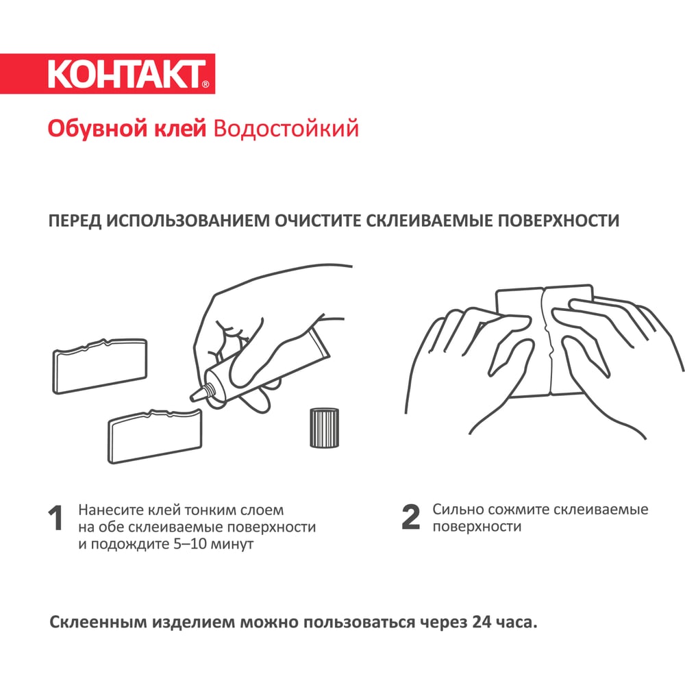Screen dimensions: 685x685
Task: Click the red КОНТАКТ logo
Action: [x=108, y=74]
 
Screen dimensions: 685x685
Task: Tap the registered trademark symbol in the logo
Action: [x=206, y=84]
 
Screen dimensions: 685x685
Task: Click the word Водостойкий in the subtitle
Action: [x=286, y=129]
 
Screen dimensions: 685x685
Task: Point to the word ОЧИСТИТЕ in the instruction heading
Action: [x=318, y=221]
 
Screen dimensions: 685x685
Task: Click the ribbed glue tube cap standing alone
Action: [x=324, y=427]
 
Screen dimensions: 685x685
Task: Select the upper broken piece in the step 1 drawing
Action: [x=99, y=366]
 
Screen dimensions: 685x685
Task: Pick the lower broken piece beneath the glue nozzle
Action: [x=155, y=436]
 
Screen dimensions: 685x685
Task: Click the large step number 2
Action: [x=410, y=517]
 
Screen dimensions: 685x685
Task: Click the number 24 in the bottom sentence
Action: [x=482, y=622]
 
